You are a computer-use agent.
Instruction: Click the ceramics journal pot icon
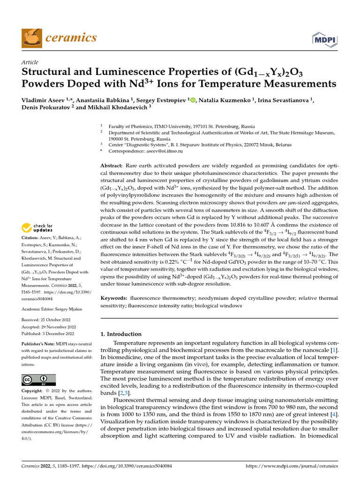[32, 37]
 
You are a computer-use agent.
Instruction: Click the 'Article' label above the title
[30, 62]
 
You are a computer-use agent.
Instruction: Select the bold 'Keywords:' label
[115, 298]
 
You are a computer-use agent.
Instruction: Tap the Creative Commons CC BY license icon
[38, 380]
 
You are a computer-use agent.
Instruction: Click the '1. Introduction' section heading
[121, 334]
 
